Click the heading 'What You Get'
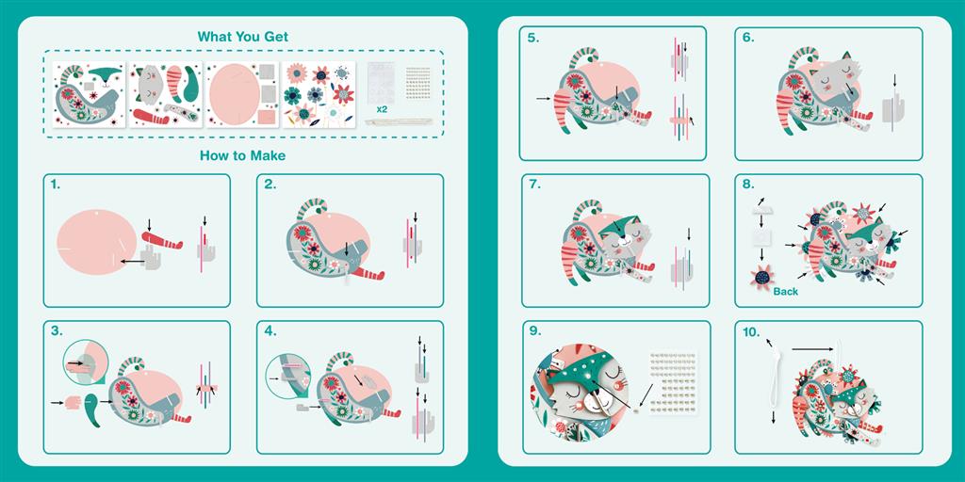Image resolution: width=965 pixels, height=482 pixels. click(242, 37)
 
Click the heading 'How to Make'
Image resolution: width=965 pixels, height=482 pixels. click(242, 155)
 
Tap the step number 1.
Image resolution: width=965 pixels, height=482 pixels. click(56, 184)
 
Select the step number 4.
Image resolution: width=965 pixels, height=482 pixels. click(270, 330)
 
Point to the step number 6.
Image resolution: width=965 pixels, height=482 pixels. click(747, 37)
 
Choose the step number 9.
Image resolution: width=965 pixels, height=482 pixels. click(534, 330)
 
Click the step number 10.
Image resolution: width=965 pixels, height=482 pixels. click(751, 332)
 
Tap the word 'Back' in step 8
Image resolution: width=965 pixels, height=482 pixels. click(785, 292)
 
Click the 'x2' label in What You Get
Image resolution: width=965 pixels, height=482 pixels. click(382, 109)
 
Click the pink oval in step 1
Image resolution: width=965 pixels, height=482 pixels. click(97, 242)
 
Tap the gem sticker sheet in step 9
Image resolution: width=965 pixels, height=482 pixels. click(673, 382)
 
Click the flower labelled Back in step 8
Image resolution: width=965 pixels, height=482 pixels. click(761, 278)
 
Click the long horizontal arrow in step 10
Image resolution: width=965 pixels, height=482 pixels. click(812, 349)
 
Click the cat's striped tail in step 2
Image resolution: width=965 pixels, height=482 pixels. click(311, 209)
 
